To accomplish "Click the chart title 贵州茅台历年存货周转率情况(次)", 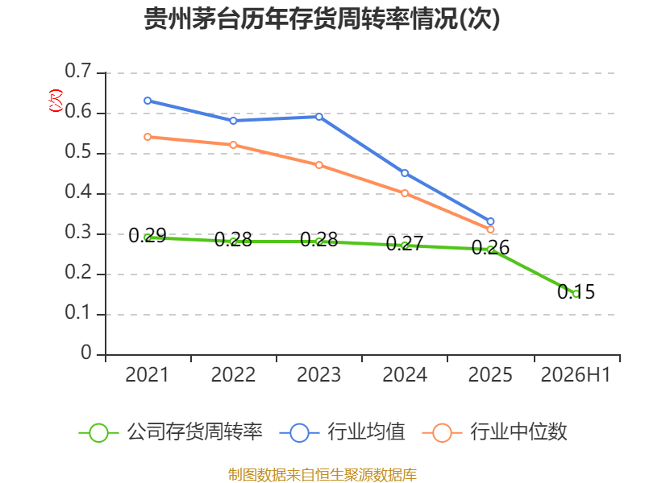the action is click(322, 19).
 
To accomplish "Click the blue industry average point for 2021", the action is click(148, 101).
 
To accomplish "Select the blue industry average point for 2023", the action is click(319, 117).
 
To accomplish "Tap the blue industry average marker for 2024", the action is click(405, 173).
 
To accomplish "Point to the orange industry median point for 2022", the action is click(233, 145).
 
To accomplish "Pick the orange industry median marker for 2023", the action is click(319, 165).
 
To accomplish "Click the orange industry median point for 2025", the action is click(490, 229).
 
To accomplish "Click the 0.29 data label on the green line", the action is click(148, 236).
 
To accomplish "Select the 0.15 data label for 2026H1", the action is click(576, 292).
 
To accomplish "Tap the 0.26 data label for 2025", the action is click(490, 248).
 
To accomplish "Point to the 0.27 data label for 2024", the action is click(405, 244).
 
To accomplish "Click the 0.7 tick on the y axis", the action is click(78, 71).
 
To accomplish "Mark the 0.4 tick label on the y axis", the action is click(78, 192).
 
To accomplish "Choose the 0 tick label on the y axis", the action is click(86, 353).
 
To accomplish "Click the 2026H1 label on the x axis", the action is click(576, 375).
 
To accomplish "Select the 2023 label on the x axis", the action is click(319, 375).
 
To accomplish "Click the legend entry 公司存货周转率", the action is click(171, 432).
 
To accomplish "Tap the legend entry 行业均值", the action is click(342, 432).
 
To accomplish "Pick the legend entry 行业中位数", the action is click(495, 432).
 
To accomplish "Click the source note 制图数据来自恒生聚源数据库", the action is click(322, 475).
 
